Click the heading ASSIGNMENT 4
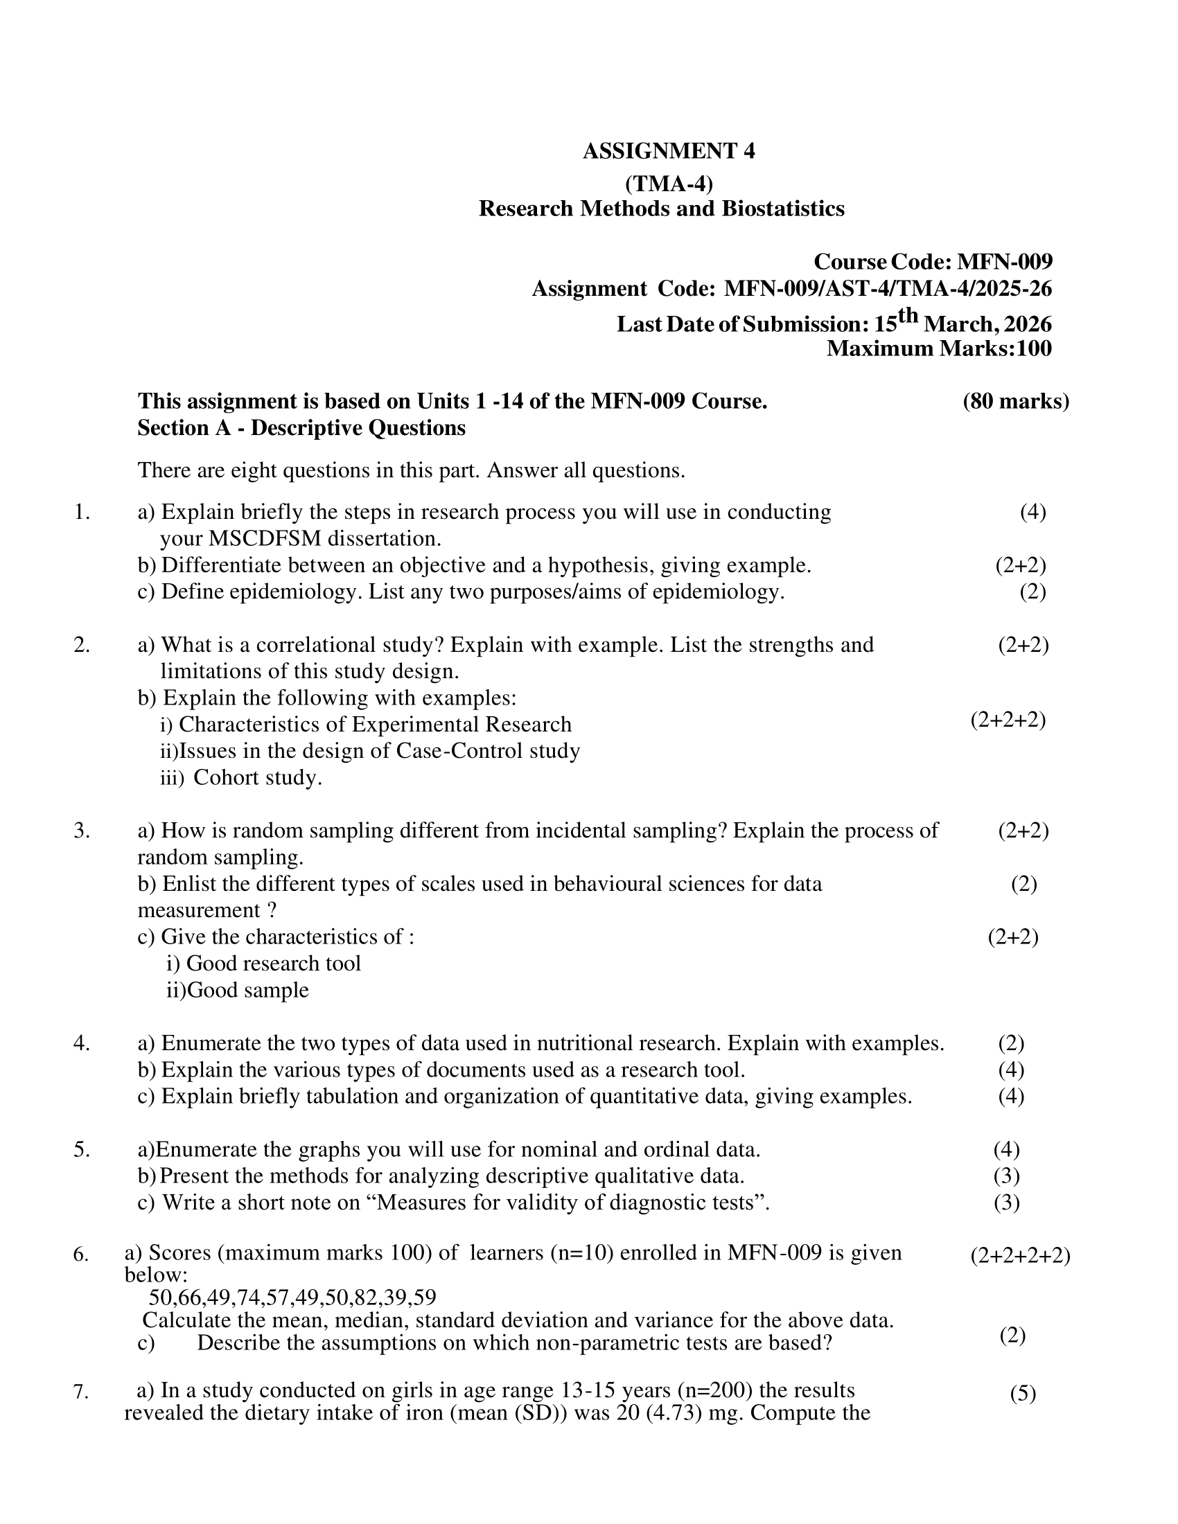pos(669,151)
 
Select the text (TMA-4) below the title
pos(669,184)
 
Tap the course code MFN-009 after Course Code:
pos(1004,262)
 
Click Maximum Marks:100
pos(939,348)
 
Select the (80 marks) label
pos(1015,401)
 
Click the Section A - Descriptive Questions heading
pos(301,427)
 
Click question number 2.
pos(82,645)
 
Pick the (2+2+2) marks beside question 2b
pos(1008,720)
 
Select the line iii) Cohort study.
pos(241,777)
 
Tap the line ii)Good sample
pos(237,989)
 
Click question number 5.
pos(82,1149)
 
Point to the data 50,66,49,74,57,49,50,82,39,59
pos(292,1297)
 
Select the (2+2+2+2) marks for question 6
pos(1019,1255)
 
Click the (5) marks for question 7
pos(1022,1394)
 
